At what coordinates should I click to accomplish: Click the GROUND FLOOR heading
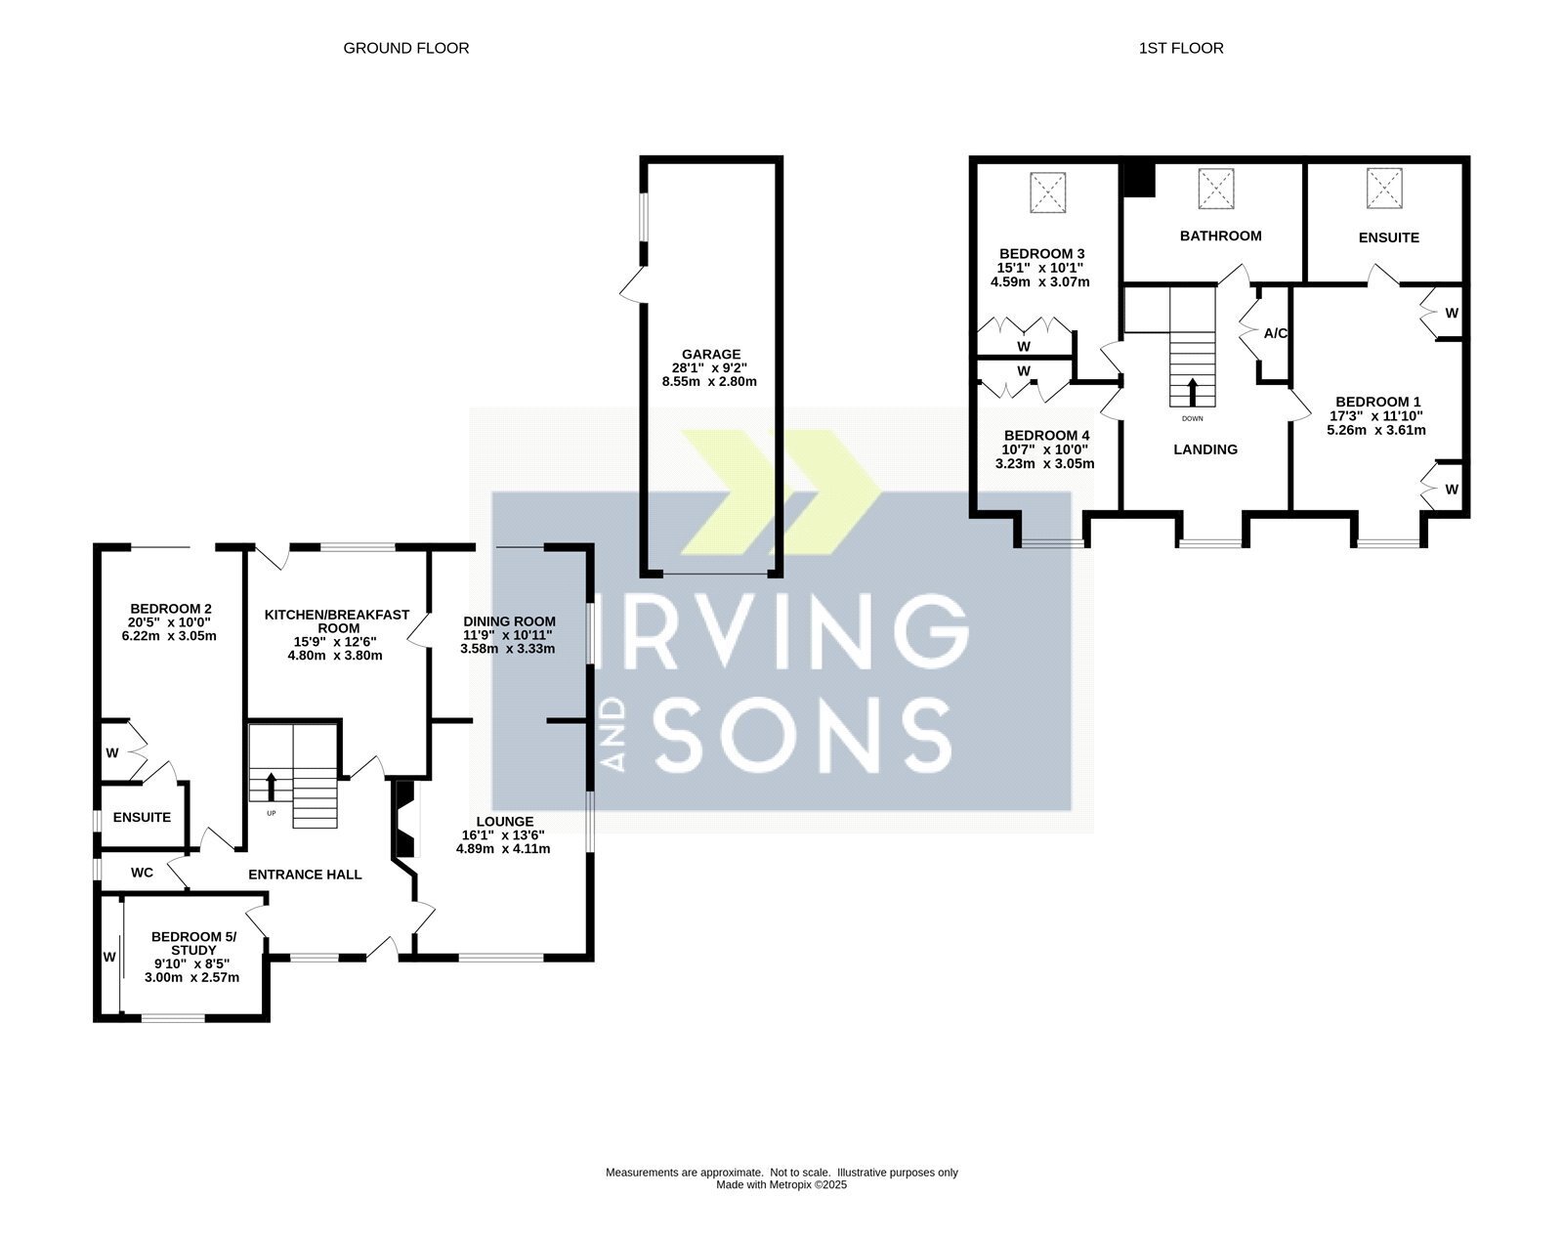(x=406, y=48)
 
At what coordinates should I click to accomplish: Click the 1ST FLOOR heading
(x=1181, y=48)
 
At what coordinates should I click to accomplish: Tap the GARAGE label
(x=711, y=354)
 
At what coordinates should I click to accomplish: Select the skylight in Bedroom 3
(x=1047, y=192)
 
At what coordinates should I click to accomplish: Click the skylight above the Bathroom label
(x=1216, y=189)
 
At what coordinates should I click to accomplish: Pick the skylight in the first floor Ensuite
(x=1384, y=189)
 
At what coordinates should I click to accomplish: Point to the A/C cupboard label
(x=1276, y=333)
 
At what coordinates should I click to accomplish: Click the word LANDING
(x=1205, y=449)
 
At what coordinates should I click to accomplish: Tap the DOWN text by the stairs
(x=1192, y=418)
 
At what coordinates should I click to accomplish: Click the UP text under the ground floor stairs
(x=271, y=814)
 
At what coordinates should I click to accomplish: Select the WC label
(x=143, y=873)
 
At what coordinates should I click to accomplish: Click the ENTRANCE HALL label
(x=305, y=875)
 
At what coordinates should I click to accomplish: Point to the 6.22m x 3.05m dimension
(x=169, y=635)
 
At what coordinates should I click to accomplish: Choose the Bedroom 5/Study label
(x=194, y=944)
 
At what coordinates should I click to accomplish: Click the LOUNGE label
(x=505, y=822)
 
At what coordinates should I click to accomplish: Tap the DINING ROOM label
(x=509, y=621)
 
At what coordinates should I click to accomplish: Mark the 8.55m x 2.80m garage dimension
(x=709, y=381)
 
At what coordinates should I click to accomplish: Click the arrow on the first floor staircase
(x=1192, y=392)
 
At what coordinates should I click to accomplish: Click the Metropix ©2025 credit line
(x=781, y=1185)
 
